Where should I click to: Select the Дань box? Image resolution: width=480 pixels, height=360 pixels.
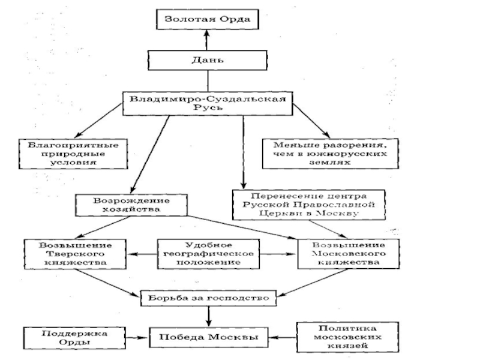tap(208, 60)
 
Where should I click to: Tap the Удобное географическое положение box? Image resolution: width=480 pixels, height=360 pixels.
tap(208, 254)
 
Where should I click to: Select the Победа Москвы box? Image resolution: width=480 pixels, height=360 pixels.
tap(208, 337)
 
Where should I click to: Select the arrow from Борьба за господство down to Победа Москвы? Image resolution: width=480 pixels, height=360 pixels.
tap(208, 316)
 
